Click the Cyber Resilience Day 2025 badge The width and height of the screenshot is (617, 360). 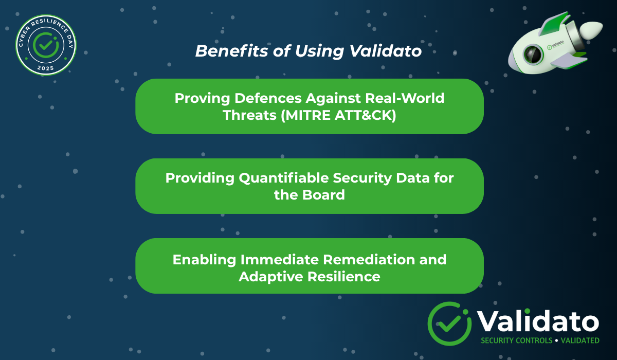tap(46, 45)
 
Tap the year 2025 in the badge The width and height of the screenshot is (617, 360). tap(46, 68)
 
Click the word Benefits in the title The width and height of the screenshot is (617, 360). tap(226, 51)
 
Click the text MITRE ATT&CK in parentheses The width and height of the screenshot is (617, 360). tap(338, 115)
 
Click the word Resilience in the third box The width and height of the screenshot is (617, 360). tap(344, 276)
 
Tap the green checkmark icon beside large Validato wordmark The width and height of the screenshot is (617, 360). tap(449, 323)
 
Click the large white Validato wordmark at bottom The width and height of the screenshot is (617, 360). tap(538, 321)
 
